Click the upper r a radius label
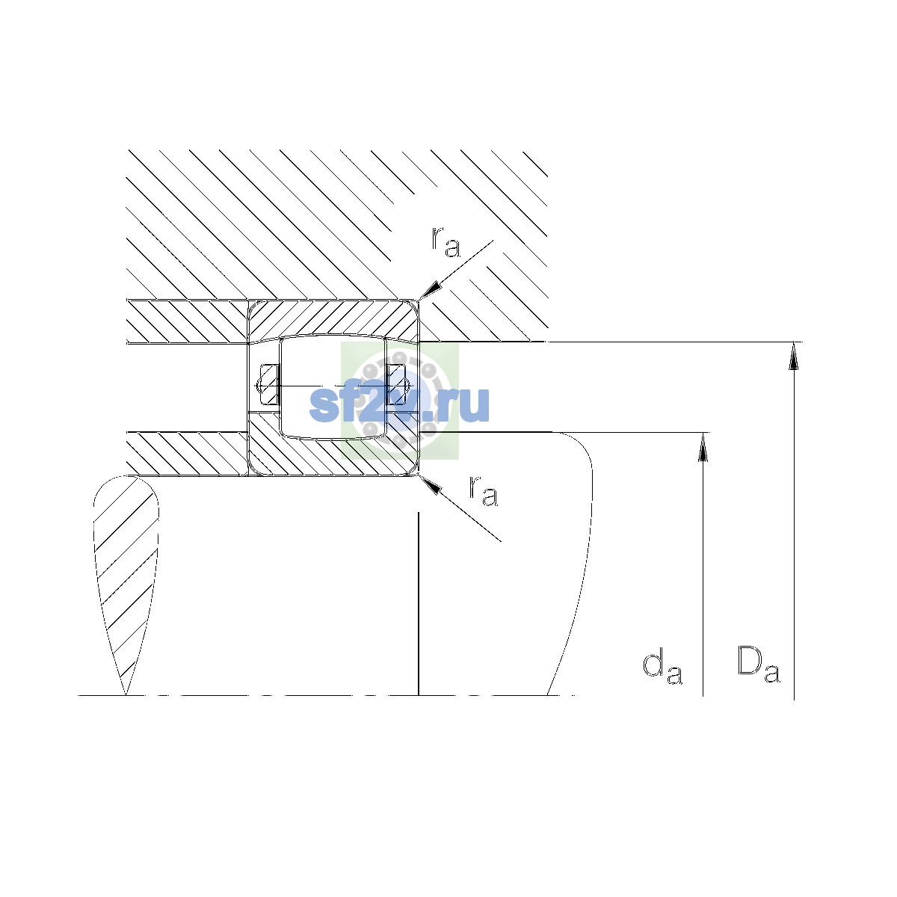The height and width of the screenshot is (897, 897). click(446, 242)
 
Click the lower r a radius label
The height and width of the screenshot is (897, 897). click(484, 490)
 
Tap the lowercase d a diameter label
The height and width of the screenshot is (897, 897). click(662, 668)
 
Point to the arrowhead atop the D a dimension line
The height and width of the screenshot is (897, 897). click(794, 356)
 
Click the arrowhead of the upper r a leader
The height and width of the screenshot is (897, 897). click(429, 291)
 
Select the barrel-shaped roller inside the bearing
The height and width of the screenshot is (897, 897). click(333, 386)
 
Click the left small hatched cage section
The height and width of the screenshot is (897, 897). click(268, 384)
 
